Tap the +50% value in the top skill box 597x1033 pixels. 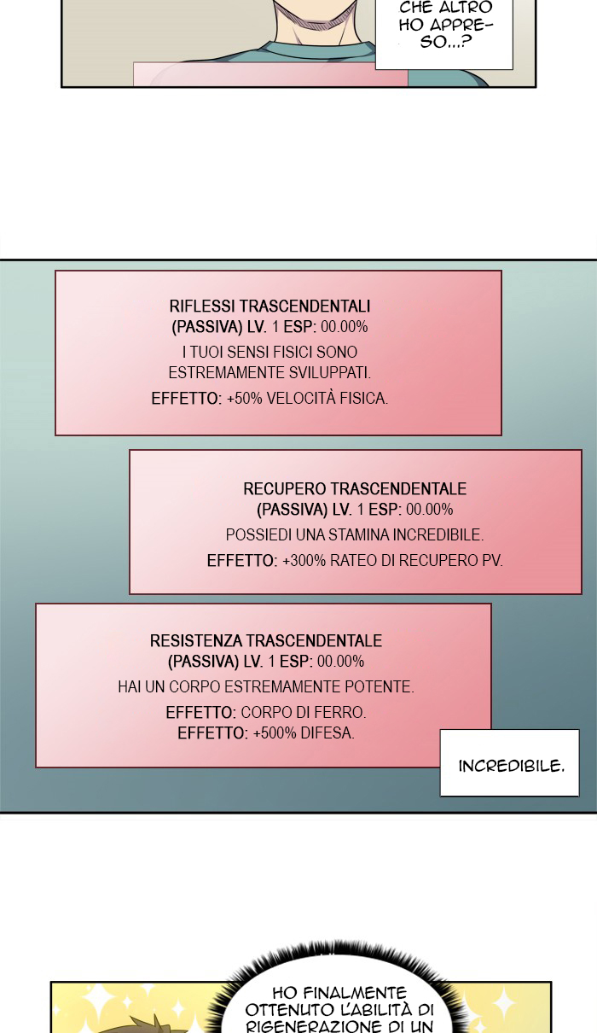tap(245, 399)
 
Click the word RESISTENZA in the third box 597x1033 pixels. tap(196, 640)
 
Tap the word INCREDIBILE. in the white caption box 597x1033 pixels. tap(511, 766)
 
